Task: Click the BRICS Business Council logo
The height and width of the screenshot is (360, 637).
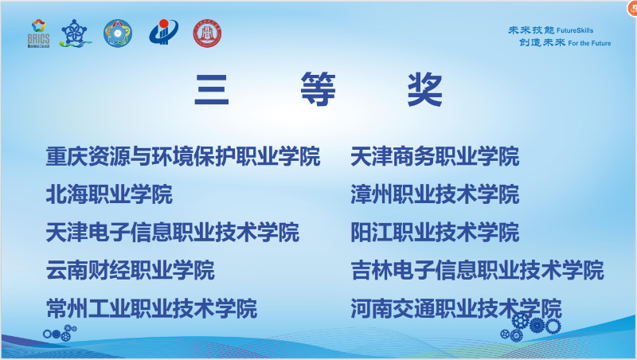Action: coord(37,33)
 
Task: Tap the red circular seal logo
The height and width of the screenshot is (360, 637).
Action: coord(207,33)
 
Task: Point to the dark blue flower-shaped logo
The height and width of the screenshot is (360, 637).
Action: coord(76,33)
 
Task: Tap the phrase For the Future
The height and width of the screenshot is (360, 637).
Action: coord(589,43)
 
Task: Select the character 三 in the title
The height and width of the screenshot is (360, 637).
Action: coord(212,90)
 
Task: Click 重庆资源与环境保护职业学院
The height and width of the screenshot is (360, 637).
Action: coord(183,156)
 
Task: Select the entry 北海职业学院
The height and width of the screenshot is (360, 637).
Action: coord(109,194)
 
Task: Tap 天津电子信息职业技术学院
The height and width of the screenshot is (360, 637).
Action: coord(173,233)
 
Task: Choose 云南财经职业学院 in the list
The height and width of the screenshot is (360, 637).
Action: coord(131,271)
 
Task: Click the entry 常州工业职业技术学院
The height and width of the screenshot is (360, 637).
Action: coord(151,308)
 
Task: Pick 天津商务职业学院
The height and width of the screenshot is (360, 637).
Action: coord(435,156)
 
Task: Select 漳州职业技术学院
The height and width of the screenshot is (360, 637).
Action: coord(435,194)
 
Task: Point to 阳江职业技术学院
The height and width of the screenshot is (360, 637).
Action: coord(435,233)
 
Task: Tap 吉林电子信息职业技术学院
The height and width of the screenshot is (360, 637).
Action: coord(477,271)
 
